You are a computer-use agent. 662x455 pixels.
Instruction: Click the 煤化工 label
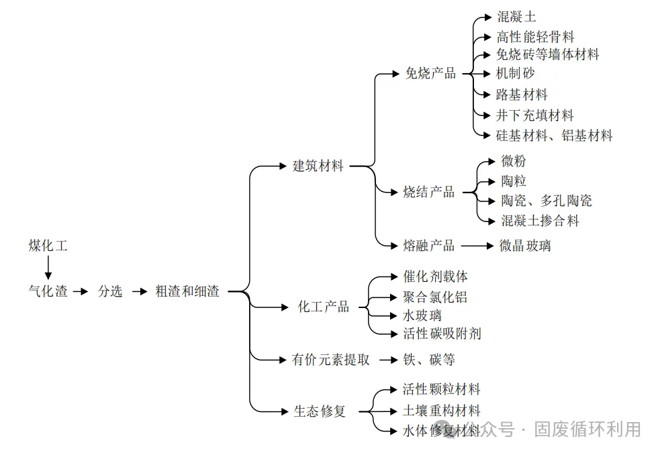(x=48, y=246)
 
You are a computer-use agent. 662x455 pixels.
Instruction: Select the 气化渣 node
(x=48, y=292)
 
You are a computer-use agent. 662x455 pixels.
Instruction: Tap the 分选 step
(x=110, y=292)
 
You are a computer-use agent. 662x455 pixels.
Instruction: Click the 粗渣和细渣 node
(x=187, y=292)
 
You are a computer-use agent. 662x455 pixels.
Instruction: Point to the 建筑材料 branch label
(x=318, y=166)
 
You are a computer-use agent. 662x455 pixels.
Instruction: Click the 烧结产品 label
(x=429, y=193)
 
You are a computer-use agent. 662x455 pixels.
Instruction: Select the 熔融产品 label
(x=429, y=246)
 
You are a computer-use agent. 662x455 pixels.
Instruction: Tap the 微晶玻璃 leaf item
(x=525, y=246)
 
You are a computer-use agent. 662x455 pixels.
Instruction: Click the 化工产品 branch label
(x=324, y=307)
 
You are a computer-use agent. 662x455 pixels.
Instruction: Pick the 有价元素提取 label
(x=331, y=360)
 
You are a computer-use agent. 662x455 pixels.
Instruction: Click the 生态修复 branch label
(x=320, y=411)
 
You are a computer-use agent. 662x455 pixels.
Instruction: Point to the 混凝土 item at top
(x=516, y=17)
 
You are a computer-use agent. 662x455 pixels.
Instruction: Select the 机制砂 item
(x=516, y=73)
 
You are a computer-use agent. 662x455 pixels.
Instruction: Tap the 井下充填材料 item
(x=535, y=115)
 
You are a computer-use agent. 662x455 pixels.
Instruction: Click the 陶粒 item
(x=514, y=181)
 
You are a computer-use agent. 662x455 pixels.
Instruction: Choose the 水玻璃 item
(x=422, y=315)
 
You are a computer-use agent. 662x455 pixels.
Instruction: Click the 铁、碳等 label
(x=429, y=360)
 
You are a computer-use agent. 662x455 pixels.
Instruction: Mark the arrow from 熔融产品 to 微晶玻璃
(x=477, y=246)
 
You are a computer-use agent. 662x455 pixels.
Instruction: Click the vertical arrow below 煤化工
(x=48, y=268)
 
